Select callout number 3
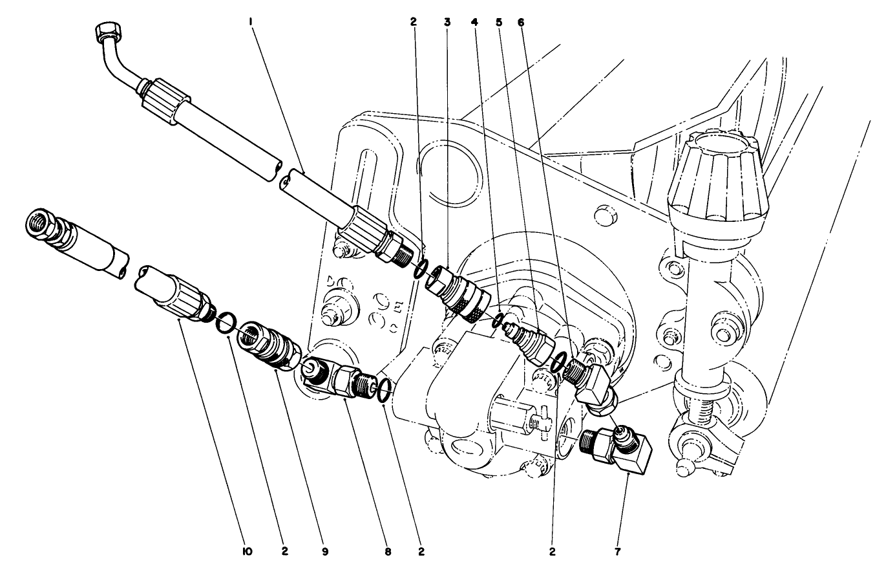(x=447, y=22)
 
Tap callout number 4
(x=475, y=22)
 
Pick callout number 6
(x=521, y=22)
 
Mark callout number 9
(x=325, y=552)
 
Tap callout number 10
(x=246, y=552)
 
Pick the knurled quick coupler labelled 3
(x=456, y=291)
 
